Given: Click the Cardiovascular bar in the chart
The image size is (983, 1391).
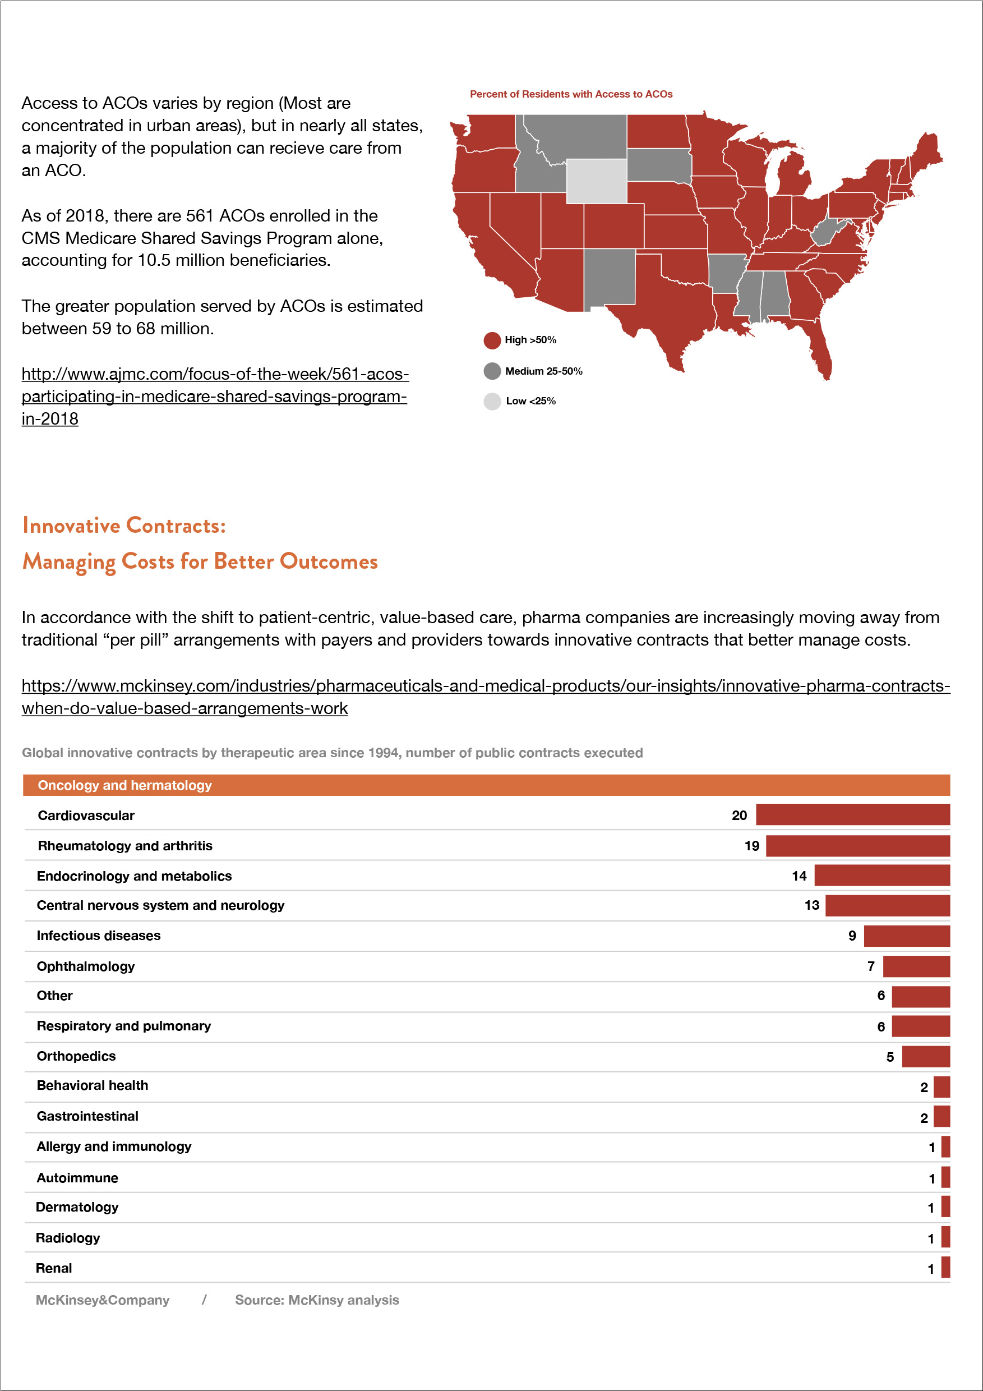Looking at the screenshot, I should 852,815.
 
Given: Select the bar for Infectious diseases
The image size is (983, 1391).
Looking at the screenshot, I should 906,936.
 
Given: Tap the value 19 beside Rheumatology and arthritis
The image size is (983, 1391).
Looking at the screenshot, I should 751,846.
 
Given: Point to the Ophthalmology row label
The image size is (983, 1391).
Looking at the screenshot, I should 85,966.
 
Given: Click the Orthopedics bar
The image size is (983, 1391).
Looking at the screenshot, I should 925,1057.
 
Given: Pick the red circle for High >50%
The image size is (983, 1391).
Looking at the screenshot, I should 492,340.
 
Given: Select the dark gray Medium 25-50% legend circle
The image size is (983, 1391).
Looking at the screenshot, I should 492,371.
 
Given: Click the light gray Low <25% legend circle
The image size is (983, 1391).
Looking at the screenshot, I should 492,401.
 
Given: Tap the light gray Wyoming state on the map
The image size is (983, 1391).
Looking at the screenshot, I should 597,181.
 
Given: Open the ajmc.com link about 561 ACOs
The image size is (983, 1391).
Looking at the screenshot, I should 214,396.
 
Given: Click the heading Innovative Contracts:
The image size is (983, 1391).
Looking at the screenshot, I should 123,525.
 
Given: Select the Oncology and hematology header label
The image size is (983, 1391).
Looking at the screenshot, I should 125,785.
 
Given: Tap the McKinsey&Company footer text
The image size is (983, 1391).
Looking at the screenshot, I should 103,1300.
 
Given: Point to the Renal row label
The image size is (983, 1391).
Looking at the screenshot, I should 54,1268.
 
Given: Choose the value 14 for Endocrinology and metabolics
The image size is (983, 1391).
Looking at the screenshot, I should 799,876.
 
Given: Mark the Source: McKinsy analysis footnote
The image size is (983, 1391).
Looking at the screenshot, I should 317,1300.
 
